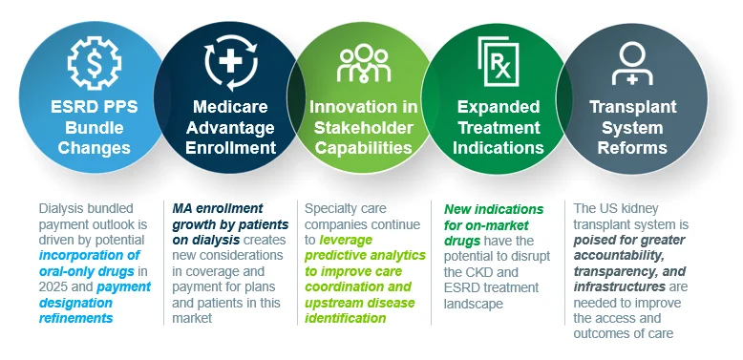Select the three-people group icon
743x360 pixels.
364,64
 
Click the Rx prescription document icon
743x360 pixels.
498,61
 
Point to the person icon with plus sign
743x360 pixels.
632,63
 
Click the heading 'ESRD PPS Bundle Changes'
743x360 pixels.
95,127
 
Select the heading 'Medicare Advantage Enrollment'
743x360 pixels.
230,127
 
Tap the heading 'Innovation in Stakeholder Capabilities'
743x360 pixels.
364,127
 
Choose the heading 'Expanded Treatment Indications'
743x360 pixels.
498,127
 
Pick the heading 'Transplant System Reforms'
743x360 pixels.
632,127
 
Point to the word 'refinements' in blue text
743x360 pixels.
75,318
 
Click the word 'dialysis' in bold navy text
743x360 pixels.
218,240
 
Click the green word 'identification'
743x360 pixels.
345,318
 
